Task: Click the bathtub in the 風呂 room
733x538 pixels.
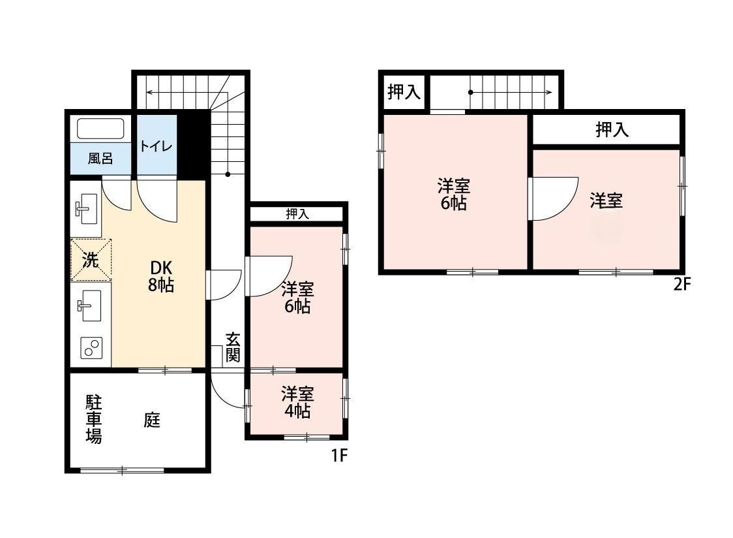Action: [100, 129]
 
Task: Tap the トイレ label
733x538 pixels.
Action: [156, 146]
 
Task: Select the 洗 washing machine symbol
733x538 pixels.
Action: [91, 259]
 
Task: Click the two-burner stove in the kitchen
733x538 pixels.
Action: [91, 348]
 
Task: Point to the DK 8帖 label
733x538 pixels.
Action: [161, 276]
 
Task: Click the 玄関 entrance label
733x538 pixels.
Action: [233, 347]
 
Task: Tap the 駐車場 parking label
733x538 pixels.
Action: [93, 419]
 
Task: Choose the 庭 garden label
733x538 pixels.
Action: [152, 420]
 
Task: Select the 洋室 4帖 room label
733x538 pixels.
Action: [297, 402]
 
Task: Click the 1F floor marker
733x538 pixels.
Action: [340, 455]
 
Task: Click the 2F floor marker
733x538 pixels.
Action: [681, 284]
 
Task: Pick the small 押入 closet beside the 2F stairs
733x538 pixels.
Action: [404, 92]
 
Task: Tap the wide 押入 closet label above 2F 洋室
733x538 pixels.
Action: [612, 129]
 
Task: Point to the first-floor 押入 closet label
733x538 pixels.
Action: [297, 214]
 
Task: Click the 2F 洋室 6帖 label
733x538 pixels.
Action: [453, 195]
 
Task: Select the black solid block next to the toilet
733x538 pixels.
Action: [192, 145]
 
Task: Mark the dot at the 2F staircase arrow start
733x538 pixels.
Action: [470, 92]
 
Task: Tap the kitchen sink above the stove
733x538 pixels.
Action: [89, 306]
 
